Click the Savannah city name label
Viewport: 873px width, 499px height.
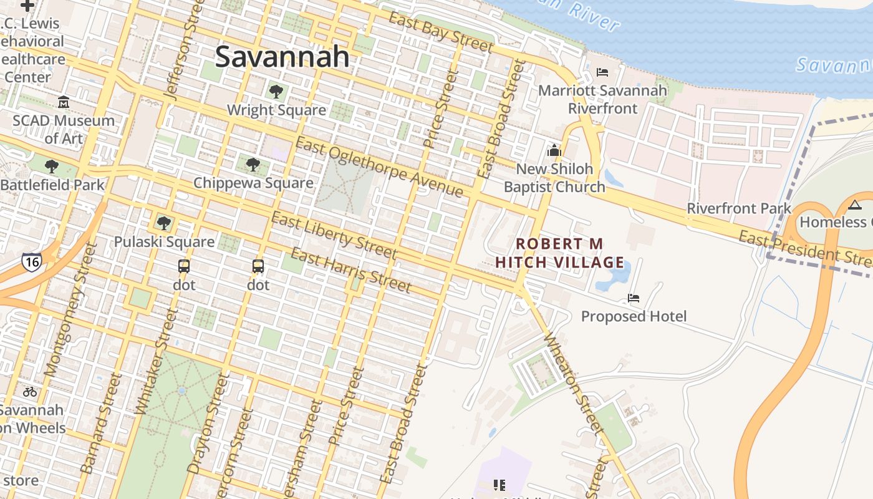pyautogui.click(x=282, y=57)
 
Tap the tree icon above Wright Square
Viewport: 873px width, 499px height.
pyautogui.click(x=276, y=92)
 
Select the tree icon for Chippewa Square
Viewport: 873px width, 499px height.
pyautogui.click(x=253, y=165)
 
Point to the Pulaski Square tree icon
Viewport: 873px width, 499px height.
pyautogui.click(x=164, y=223)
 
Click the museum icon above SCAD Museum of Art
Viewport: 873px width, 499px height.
pyautogui.click(x=63, y=102)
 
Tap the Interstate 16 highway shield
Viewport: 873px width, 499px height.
pyautogui.click(x=31, y=261)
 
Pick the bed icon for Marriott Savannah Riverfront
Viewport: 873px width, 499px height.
pyautogui.click(x=602, y=72)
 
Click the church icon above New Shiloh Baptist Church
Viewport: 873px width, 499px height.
pyautogui.click(x=554, y=150)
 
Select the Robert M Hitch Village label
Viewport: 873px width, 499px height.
pyautogui.click(x=559, y=253)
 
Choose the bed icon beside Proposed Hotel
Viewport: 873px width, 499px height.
pyautogui.click(x=634, y=298)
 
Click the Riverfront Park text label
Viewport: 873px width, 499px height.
pyautogui.click(x=738, y=208)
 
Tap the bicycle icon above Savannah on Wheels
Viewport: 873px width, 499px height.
pyautogui.click(x=30, y=392)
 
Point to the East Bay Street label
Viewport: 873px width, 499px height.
pyautogui.click(x=440, y=32)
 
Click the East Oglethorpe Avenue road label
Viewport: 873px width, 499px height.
pyautogui.click(x=379, y=167)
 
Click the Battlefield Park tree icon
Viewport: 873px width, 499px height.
pyautogui.click(x=52, y=167)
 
